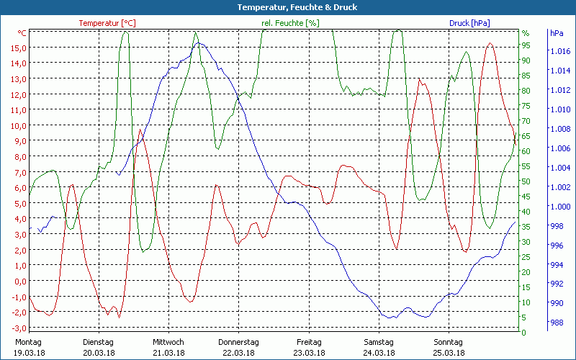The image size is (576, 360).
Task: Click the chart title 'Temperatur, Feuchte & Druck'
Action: [x=287, y=7]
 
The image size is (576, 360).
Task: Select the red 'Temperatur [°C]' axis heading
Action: [x=107, y=23]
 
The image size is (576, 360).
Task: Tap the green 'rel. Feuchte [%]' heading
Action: [x=289, y=23]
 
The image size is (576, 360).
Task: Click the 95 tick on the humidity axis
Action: [x=526, y=45]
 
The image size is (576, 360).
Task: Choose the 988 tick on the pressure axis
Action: [x=557, y=323]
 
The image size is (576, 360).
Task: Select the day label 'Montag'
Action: [x=28, y=342]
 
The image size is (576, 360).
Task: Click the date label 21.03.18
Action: [x=168, y=353]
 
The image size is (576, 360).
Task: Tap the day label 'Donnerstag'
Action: [x=238, y=342]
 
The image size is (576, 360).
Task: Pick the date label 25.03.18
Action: [x=449, y=353]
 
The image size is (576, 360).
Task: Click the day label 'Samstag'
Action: [x=379, y=342]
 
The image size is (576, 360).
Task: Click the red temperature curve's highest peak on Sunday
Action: [x=490, y=43]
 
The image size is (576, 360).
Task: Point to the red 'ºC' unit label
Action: [x=22, y=33]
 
